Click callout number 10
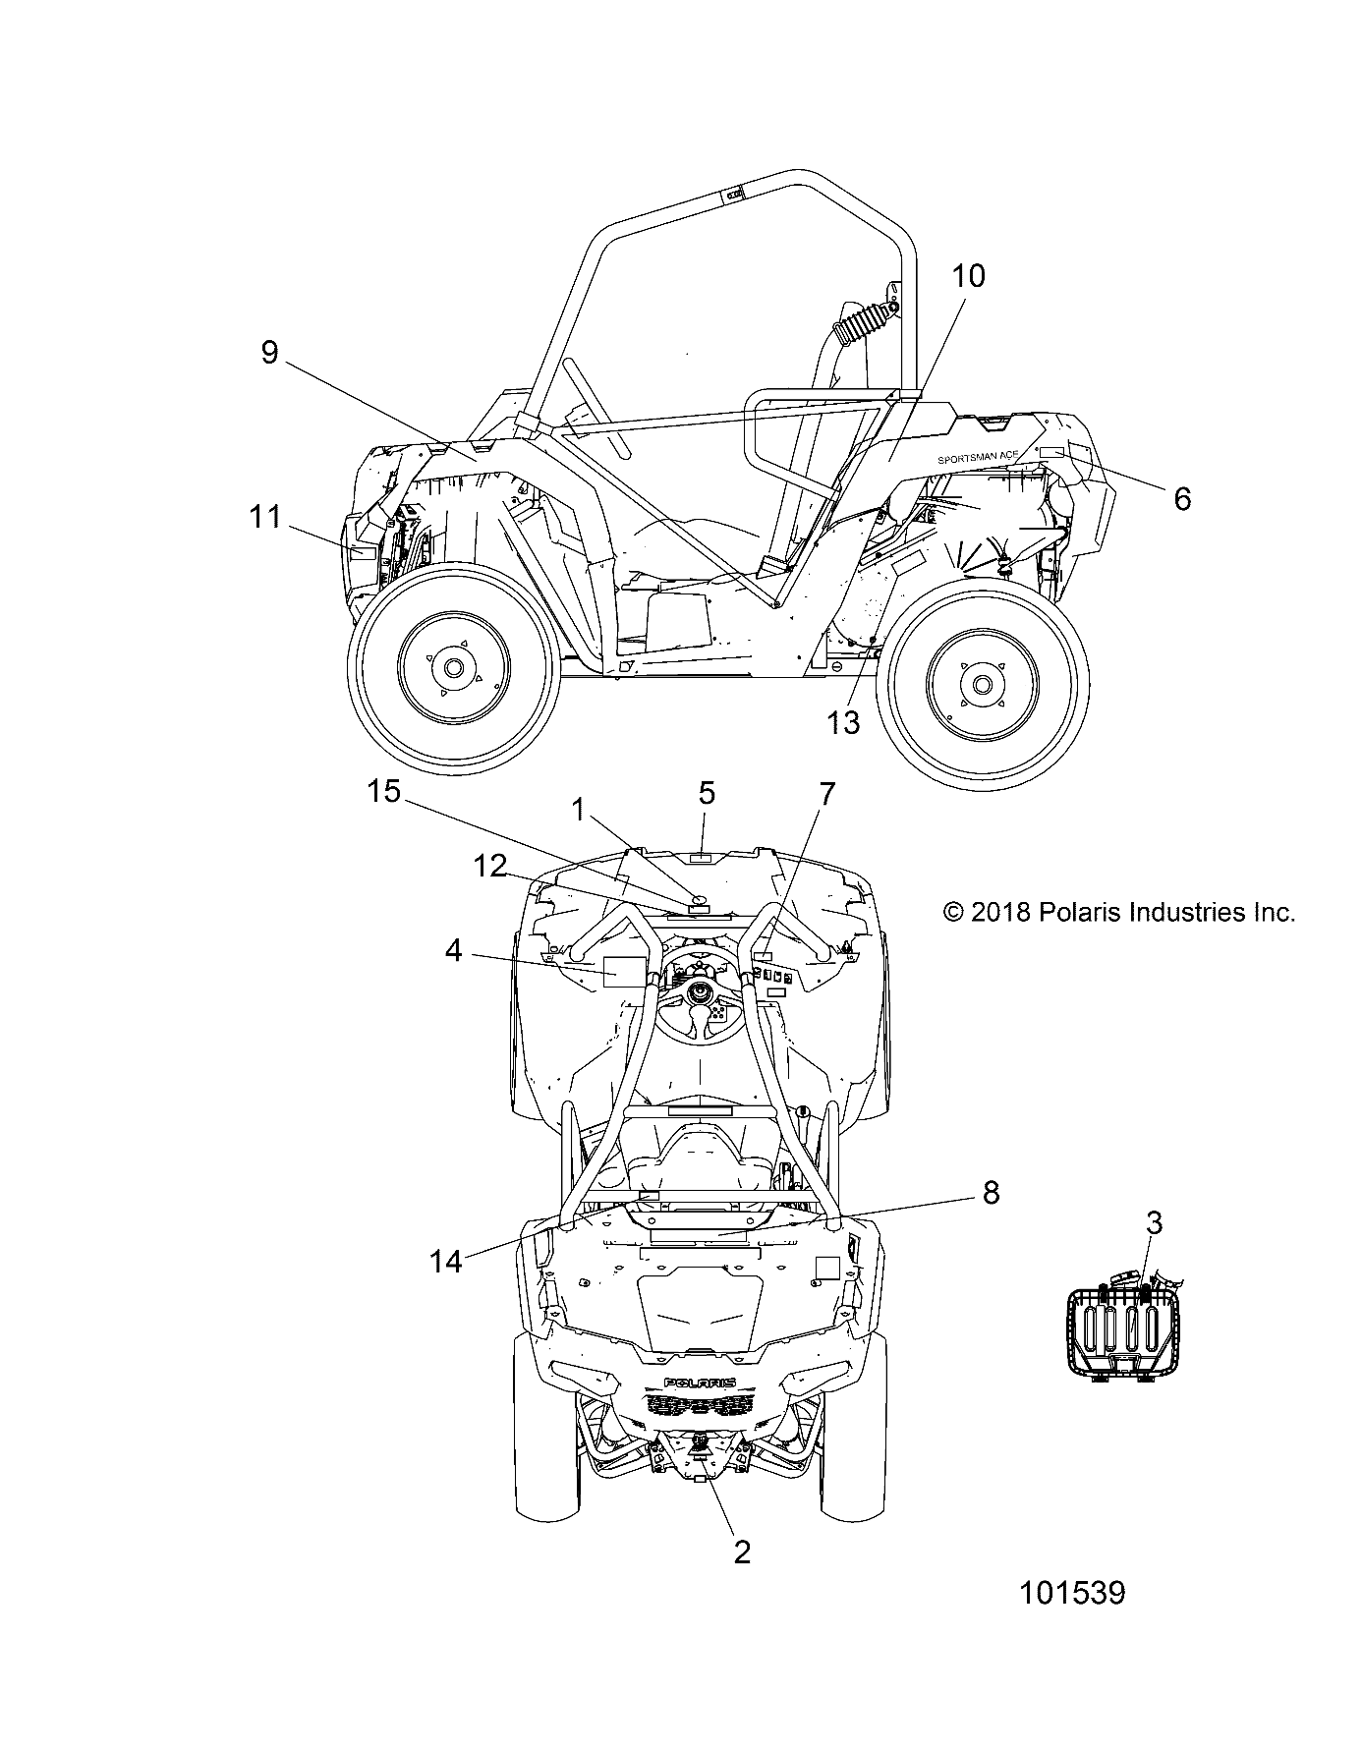968,276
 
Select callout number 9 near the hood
270,353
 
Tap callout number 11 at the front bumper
265,517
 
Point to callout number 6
1182,499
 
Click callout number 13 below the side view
844,722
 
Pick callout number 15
384,790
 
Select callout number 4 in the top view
453,951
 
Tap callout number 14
446,1262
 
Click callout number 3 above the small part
1154,1223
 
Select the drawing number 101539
1072,1620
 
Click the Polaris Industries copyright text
1118,913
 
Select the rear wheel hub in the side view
980,683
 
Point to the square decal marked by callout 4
623,971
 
